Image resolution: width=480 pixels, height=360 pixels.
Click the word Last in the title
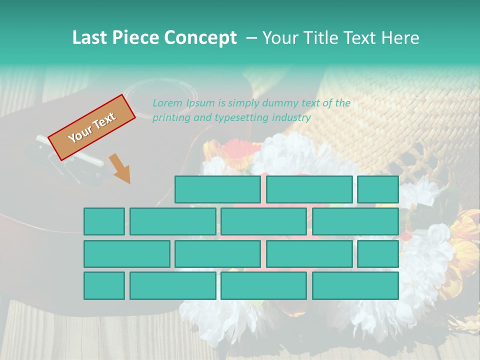[x=90, y=38]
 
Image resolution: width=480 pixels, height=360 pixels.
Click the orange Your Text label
[x=92, y=127]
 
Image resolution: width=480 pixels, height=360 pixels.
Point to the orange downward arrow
[x=120, y=168]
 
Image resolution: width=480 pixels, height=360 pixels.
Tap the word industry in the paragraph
[x=291, y=118]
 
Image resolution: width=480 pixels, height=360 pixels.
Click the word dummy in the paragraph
[x=280, y=103]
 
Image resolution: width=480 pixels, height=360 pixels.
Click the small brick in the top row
[x=377, y=189]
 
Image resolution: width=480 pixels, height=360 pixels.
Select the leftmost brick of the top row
[x=217, y=189]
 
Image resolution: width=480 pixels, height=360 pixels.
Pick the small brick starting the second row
[x=104, y=221]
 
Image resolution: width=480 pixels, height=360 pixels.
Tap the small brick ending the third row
[x=377, y=253]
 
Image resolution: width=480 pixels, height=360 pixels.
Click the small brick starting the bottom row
[x=104, y=285]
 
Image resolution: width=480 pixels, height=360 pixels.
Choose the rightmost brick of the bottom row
[x=355, y=285]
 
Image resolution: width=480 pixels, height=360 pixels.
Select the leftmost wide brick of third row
[x=126, y=253]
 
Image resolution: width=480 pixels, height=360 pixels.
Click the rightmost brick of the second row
[x=355, y=221]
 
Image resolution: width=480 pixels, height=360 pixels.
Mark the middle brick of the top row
[x=309, y=189]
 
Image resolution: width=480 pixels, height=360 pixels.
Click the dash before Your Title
[x=252, y=38]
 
